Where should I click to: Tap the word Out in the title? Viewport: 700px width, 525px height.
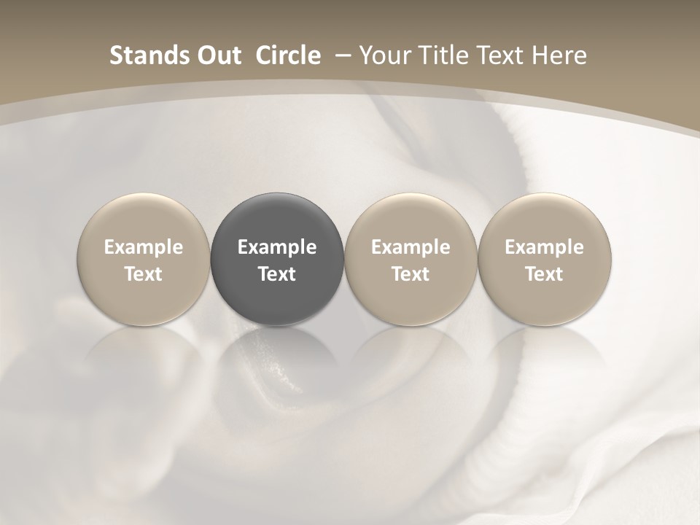pos(217,55)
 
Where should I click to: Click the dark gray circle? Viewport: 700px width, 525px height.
pos(277,219)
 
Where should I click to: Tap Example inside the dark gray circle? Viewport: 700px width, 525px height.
pos(277,247)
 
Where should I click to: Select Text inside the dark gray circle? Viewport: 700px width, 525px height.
pos(277,274)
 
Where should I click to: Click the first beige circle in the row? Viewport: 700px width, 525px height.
pos(144,219)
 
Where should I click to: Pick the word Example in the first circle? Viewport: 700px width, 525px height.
pos(144,247)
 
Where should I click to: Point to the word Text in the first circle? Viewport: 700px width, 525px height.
pos(144,274)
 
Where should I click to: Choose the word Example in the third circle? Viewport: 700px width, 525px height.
pos(411,247)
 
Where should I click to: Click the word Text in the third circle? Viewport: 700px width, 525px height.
pos(411,274)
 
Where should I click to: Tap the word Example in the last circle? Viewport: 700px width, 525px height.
pos(544,247)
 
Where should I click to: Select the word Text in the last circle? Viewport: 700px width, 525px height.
pos(544,274)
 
